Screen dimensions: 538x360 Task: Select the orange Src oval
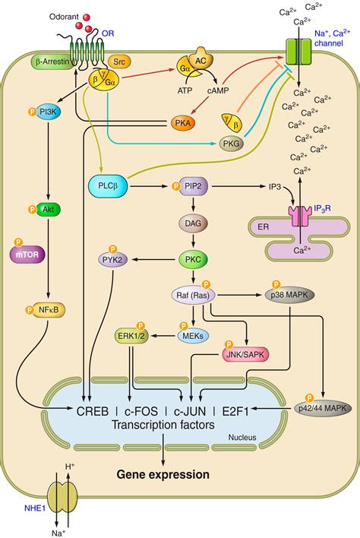pyautogui.click(x=118, y=59)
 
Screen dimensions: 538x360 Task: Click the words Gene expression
pyautogui.click(x=163, y=475)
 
